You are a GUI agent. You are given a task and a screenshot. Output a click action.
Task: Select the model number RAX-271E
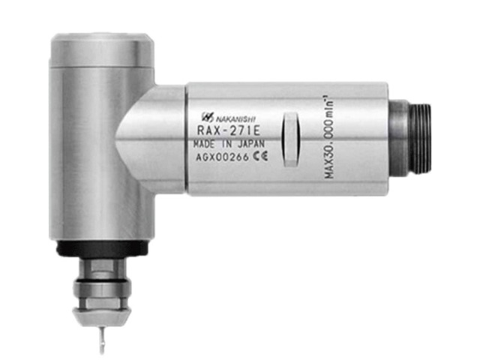tap(229, 130)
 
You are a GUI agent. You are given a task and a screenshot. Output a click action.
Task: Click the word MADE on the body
tap(204, 144)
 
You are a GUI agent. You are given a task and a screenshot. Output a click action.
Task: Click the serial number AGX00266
tap(223, 157)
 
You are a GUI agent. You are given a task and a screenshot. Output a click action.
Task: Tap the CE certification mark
tap(260, 157)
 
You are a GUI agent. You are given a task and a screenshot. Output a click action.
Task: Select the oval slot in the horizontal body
tap(290, 139)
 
